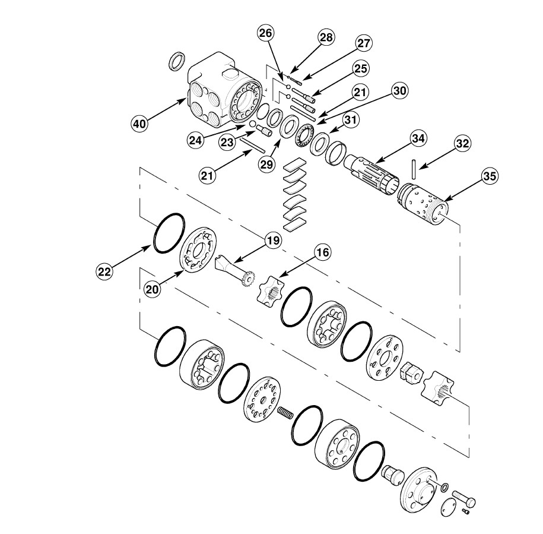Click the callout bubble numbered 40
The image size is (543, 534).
click(x=139, y=124)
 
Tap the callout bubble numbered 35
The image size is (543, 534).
click(x=490, y=176)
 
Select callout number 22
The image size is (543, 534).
click(x=104, y=271)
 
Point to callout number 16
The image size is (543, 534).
click(x=322, y=252)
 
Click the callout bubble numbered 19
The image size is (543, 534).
click(x=273, y=240)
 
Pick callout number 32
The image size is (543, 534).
click(x=462, y=144)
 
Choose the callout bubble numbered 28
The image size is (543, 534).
click(x=326, y=37)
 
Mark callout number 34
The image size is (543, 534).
click(x=418, y=138)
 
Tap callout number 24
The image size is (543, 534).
click(x=195, y=140)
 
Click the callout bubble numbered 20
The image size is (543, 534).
click(x=152, y=289)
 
